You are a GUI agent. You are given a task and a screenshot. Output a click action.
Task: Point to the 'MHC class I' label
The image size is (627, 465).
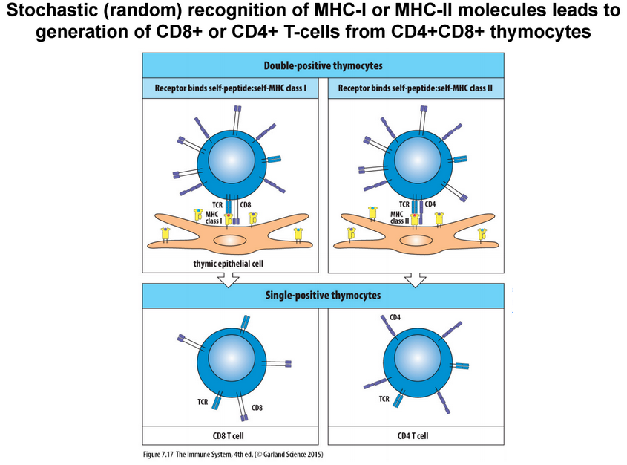coord(211,216)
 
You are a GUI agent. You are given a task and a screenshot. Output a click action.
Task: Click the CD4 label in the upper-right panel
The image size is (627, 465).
coord(430,204)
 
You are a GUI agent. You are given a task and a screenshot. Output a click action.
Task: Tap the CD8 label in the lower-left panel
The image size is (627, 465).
coord(257,407)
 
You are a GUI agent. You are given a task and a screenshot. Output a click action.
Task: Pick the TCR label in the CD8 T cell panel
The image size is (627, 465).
coord(202,401)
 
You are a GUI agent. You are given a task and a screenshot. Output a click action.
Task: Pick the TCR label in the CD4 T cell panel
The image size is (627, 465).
coord(384,399)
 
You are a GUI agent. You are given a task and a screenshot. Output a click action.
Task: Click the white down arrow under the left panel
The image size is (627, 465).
coord(226,279)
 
